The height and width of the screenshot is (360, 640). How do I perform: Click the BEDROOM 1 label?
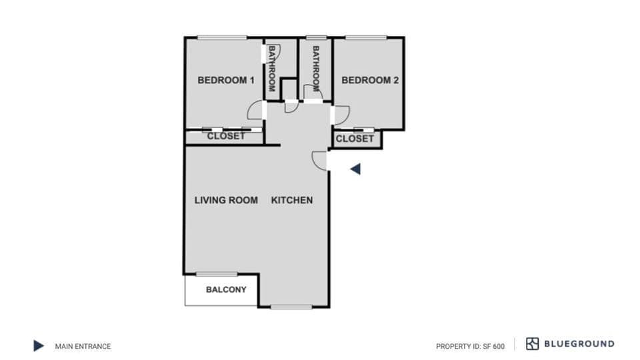pyautogui.click(x=226, y=81)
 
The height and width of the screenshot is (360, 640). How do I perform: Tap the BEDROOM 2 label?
pyautogui.click(x=370, y=81)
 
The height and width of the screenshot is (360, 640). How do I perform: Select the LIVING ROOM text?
pyautogui.click(x=226, y=200)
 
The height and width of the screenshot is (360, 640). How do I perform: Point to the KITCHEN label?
pyautogui.click(x=291, y=200)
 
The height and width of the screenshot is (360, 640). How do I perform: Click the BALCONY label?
pyautogui.click(x=226, y=290)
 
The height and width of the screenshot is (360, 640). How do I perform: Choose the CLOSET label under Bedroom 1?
pyautogui.click(x=226, y=136)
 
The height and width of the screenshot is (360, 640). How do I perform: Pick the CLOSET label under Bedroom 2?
pyautogui.click(x=355, y=139)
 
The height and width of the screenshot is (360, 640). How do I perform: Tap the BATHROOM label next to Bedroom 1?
pyautogui.click(x=272, y=68)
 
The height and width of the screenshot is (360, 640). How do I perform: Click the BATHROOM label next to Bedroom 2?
pyautogui.click(x=316, y=68)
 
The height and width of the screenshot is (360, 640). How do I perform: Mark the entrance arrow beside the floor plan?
pyautogui.click(x=356, y=169)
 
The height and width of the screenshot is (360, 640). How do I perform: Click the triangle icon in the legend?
pyautogui.click(x=39, y=346)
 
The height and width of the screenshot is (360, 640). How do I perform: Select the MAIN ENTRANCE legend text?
pyautogui.click(x=83, y=346)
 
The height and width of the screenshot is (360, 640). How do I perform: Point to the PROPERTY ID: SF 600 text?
pyautogui.click(x=470, y=346)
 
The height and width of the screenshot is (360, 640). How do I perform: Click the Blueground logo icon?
pyautogui.click(x=532, y=344)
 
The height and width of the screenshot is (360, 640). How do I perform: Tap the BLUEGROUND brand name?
pyautogui.click(x=579, y=344)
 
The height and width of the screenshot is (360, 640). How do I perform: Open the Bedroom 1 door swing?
pyautogui.click(x=255, y=111)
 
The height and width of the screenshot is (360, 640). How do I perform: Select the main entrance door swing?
pyautogui.click(x=319, y=160)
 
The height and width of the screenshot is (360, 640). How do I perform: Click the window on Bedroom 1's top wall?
pyautogui.click(x=222, y=37)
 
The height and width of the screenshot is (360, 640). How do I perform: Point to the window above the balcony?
pyautogui.click(x=217, y=274)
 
